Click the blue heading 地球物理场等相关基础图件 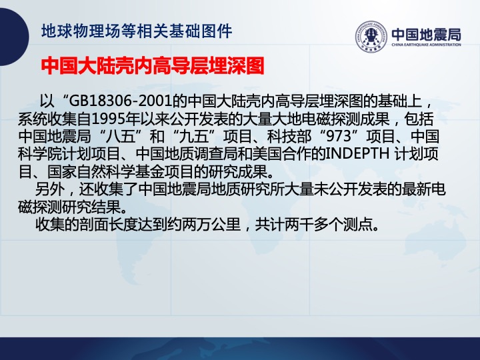(137, 31)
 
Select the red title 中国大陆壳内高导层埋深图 (153, 65)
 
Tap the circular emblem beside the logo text (371, 37)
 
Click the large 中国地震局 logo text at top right (426, 35)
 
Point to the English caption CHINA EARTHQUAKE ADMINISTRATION (426, 45)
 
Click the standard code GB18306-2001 (120, 101)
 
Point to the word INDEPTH (357, 154)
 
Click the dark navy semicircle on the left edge (14, 37)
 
